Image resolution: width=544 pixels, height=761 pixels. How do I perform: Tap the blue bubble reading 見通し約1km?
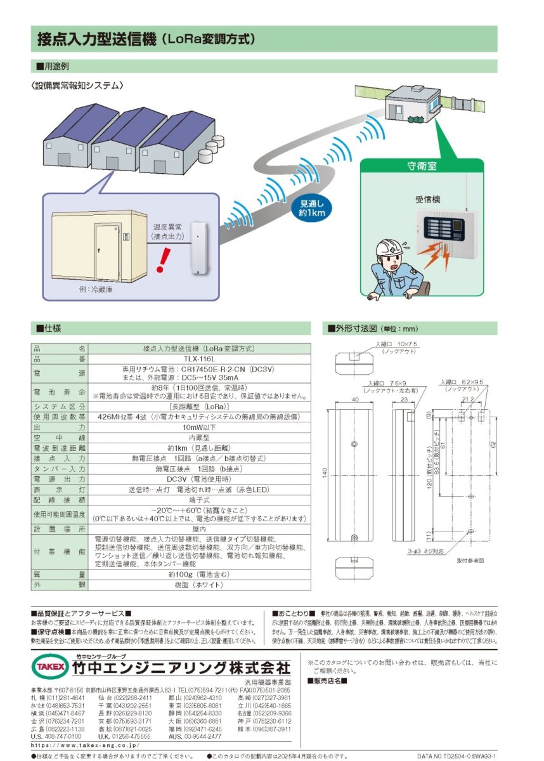(x=311, y=208)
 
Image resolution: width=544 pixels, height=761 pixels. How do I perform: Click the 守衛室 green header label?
(x=421, y=167)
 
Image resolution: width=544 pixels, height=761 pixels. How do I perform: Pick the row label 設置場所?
(x=59, y=528)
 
